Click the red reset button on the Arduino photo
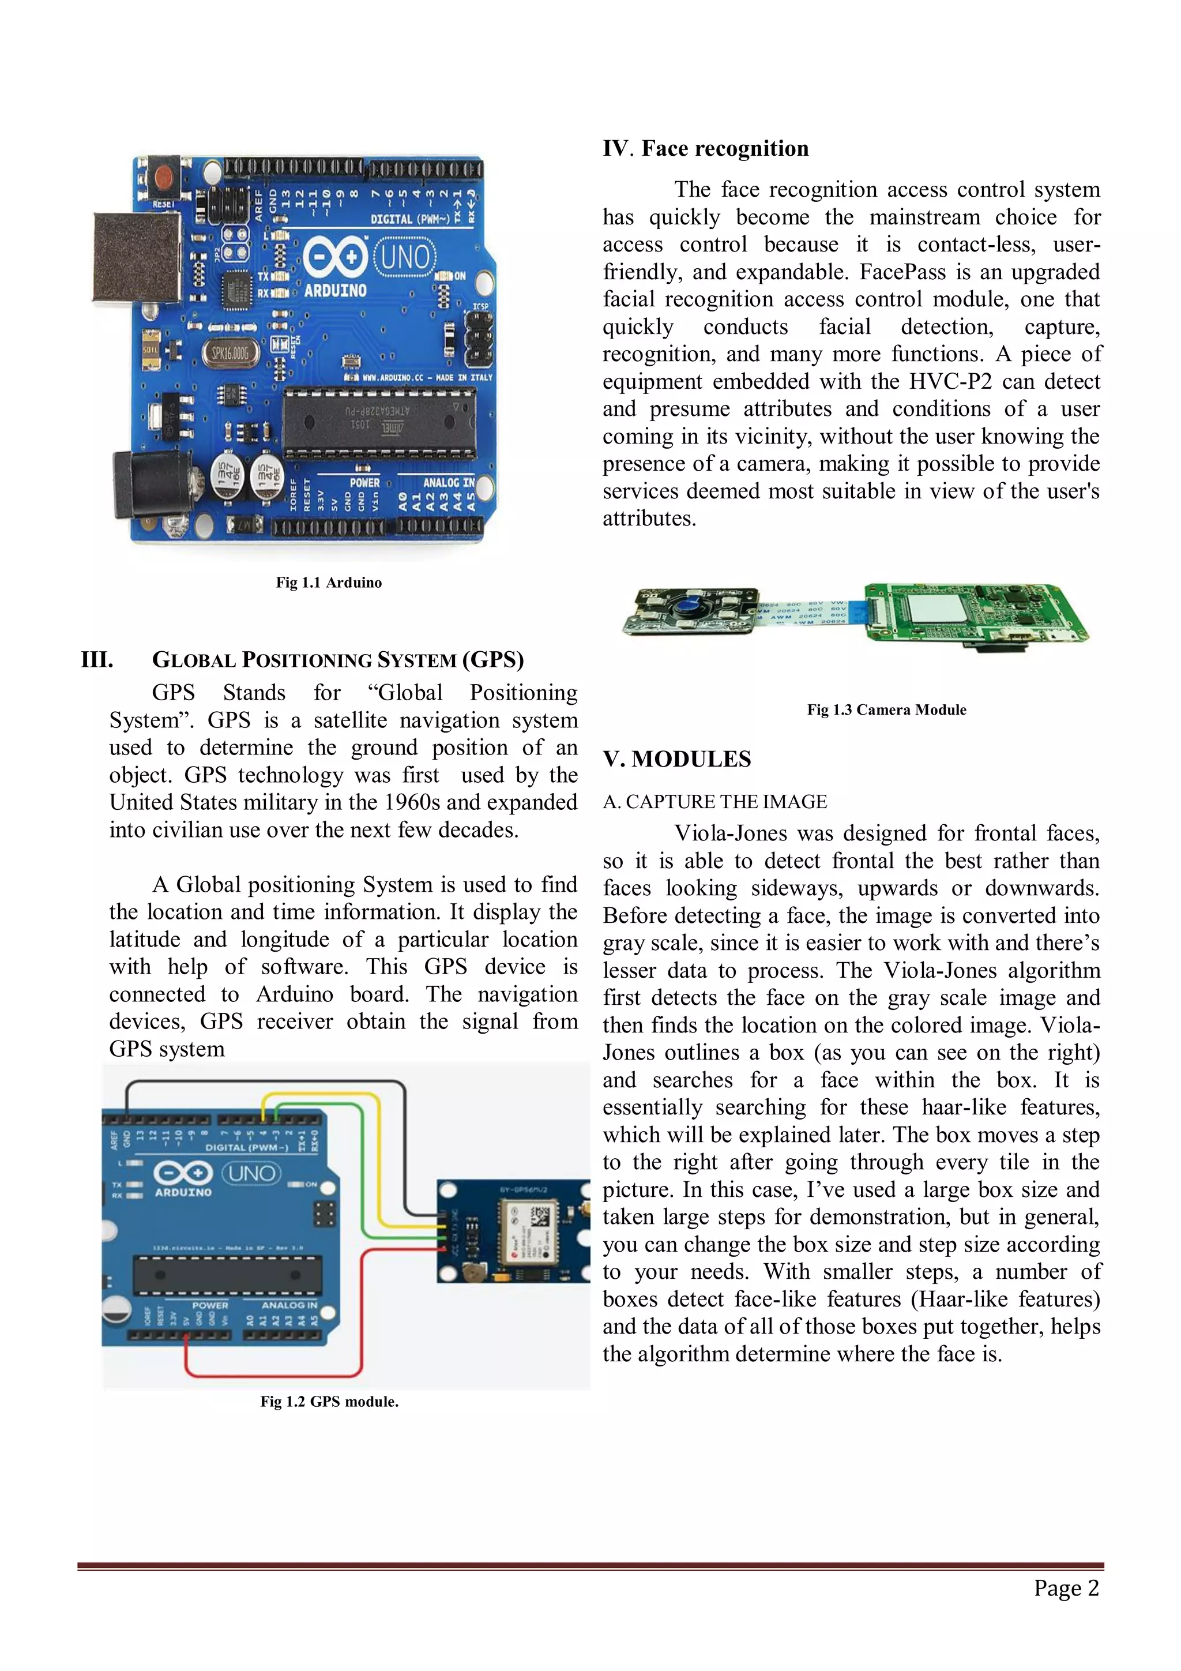[x=164, y=177]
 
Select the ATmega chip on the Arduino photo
[x=379, y=420]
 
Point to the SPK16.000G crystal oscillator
[x=230, y=353]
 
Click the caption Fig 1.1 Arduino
[x=329, y=582]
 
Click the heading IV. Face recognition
[x=705, y=148]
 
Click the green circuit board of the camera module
[x=975, y=611]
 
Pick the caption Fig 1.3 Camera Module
[x=886, y=709]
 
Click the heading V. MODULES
[x=677, y=759]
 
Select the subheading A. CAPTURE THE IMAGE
[x=714, y=802]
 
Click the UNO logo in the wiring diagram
[x=251, y=1173]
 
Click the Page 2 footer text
[x=1066, y=1588]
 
